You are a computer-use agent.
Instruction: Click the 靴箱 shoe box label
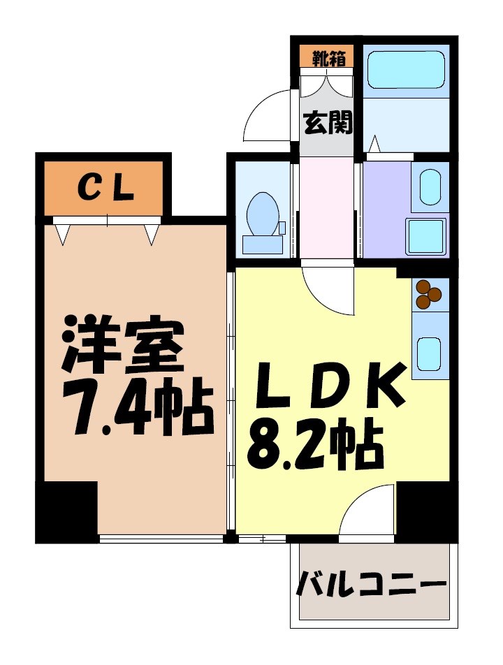click(x=326, y=57)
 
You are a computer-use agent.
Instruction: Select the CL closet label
click(x=105, y=188)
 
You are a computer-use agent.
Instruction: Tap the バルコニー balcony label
click(x=372, y=584)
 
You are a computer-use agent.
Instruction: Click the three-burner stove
click(x=428, y=294)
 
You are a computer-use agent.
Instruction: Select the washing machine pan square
click(x=426, y=237)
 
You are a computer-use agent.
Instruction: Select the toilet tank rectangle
click(x=263, y=244)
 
